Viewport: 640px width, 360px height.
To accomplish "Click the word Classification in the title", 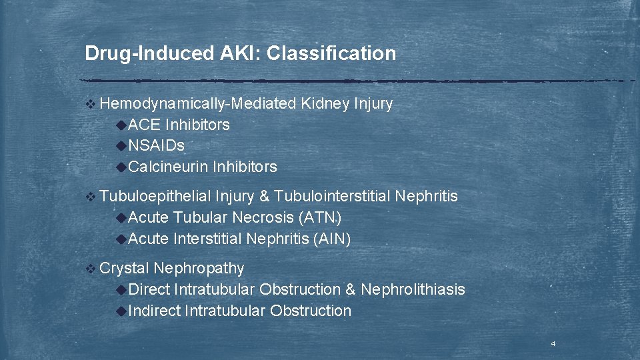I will pos(331,53).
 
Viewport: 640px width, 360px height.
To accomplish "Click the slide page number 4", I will pos(553,344).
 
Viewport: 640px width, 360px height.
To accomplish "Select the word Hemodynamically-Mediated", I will pos(198,104).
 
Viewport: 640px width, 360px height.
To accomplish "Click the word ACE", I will pos(144,125).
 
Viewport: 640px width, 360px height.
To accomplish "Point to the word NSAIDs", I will pos(156,145).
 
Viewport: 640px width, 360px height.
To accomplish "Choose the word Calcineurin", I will pos(168,167).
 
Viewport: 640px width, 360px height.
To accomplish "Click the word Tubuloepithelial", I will pos(155,196).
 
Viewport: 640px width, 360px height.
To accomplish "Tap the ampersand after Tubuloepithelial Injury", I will pos(264,196).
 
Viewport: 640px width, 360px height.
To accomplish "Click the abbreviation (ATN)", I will pos(321,217).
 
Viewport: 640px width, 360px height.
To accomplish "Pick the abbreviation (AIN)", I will pos(331,239).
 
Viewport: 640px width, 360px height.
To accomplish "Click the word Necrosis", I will pos(264,217).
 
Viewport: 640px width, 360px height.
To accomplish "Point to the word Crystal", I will pos(124,268).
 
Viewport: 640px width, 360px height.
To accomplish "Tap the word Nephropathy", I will pos(199,268).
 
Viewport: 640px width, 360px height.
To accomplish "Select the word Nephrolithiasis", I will pos(413,289).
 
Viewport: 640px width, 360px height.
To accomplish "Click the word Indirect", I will pos(154,311).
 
